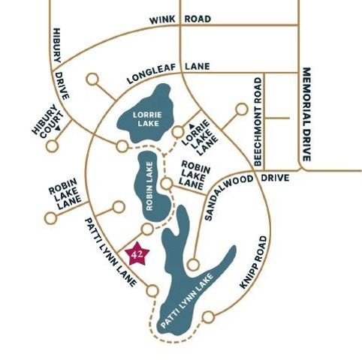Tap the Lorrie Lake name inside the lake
[x=147, y=118]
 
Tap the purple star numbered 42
[x=137, y=255]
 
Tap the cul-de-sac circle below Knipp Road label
[x=208, y=317]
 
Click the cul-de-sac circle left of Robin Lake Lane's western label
[x=50, y=218]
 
